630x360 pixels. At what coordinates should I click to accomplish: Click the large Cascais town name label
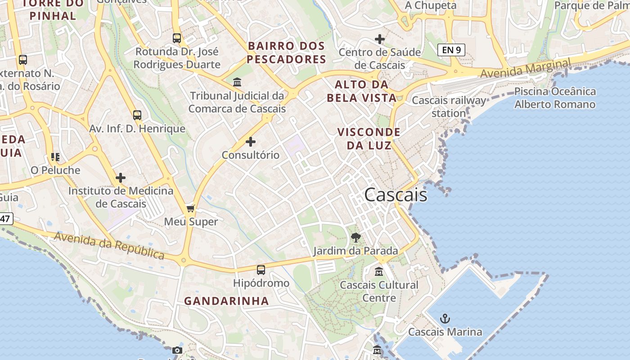click(x=396, y=195)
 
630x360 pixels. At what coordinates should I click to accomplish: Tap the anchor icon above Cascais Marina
click(x=445, y=319)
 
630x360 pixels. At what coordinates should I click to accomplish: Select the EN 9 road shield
click(x=451, y=50)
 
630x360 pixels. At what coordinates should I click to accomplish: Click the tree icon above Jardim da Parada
click(x=355, y=237)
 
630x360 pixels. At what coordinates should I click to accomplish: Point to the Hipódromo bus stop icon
click(x=261, y=270)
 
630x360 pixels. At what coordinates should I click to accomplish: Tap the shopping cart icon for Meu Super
click(x=191, y=208)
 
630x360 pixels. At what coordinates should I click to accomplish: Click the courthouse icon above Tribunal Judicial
click(x=237, y=82)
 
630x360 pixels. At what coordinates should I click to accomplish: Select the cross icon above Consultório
click(x=251, y=142)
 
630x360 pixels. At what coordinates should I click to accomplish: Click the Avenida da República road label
click(x=109, y=246)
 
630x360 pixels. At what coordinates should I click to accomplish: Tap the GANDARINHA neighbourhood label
click(x=226, y=301)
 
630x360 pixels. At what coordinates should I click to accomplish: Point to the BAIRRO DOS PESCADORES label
click(x=286, y=53)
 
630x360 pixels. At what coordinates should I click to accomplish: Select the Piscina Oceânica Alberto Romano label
click(x=555, y=98)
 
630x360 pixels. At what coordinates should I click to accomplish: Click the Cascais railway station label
click(x=449, y=107)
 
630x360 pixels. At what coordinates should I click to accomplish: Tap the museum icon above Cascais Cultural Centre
click(x=379, y=272)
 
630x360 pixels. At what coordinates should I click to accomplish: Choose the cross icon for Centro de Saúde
click(x=380, y=39)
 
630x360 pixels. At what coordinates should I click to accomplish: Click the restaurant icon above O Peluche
click(x=55, y=157)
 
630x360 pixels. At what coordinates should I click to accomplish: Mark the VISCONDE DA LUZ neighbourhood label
click(x=369, y=139)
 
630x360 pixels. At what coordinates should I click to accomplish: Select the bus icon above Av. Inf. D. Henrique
click(x=137, y=115)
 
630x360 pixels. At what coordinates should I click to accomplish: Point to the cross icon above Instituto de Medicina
click(x=121, y=178)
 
